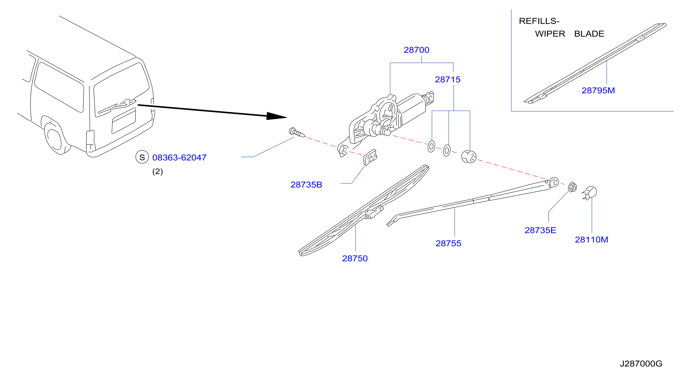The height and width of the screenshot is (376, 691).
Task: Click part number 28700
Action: (x=416, y=50)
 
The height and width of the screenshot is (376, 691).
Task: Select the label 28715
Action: (x=447, y=80)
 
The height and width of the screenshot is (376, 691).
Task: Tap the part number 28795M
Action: (x=598, y=90)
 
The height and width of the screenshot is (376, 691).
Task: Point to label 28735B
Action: (x=306, y=185)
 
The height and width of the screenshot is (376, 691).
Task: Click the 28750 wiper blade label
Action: (x=355, y=258)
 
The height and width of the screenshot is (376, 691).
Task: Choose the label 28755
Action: (x=448, y=243)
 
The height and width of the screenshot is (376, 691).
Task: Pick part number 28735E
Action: (x=540, y=230)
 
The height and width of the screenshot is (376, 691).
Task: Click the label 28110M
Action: (x=591, y=240)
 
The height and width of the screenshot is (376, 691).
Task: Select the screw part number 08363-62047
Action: (x=179, y=158)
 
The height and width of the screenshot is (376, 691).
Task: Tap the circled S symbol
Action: (x=142, y=157)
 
